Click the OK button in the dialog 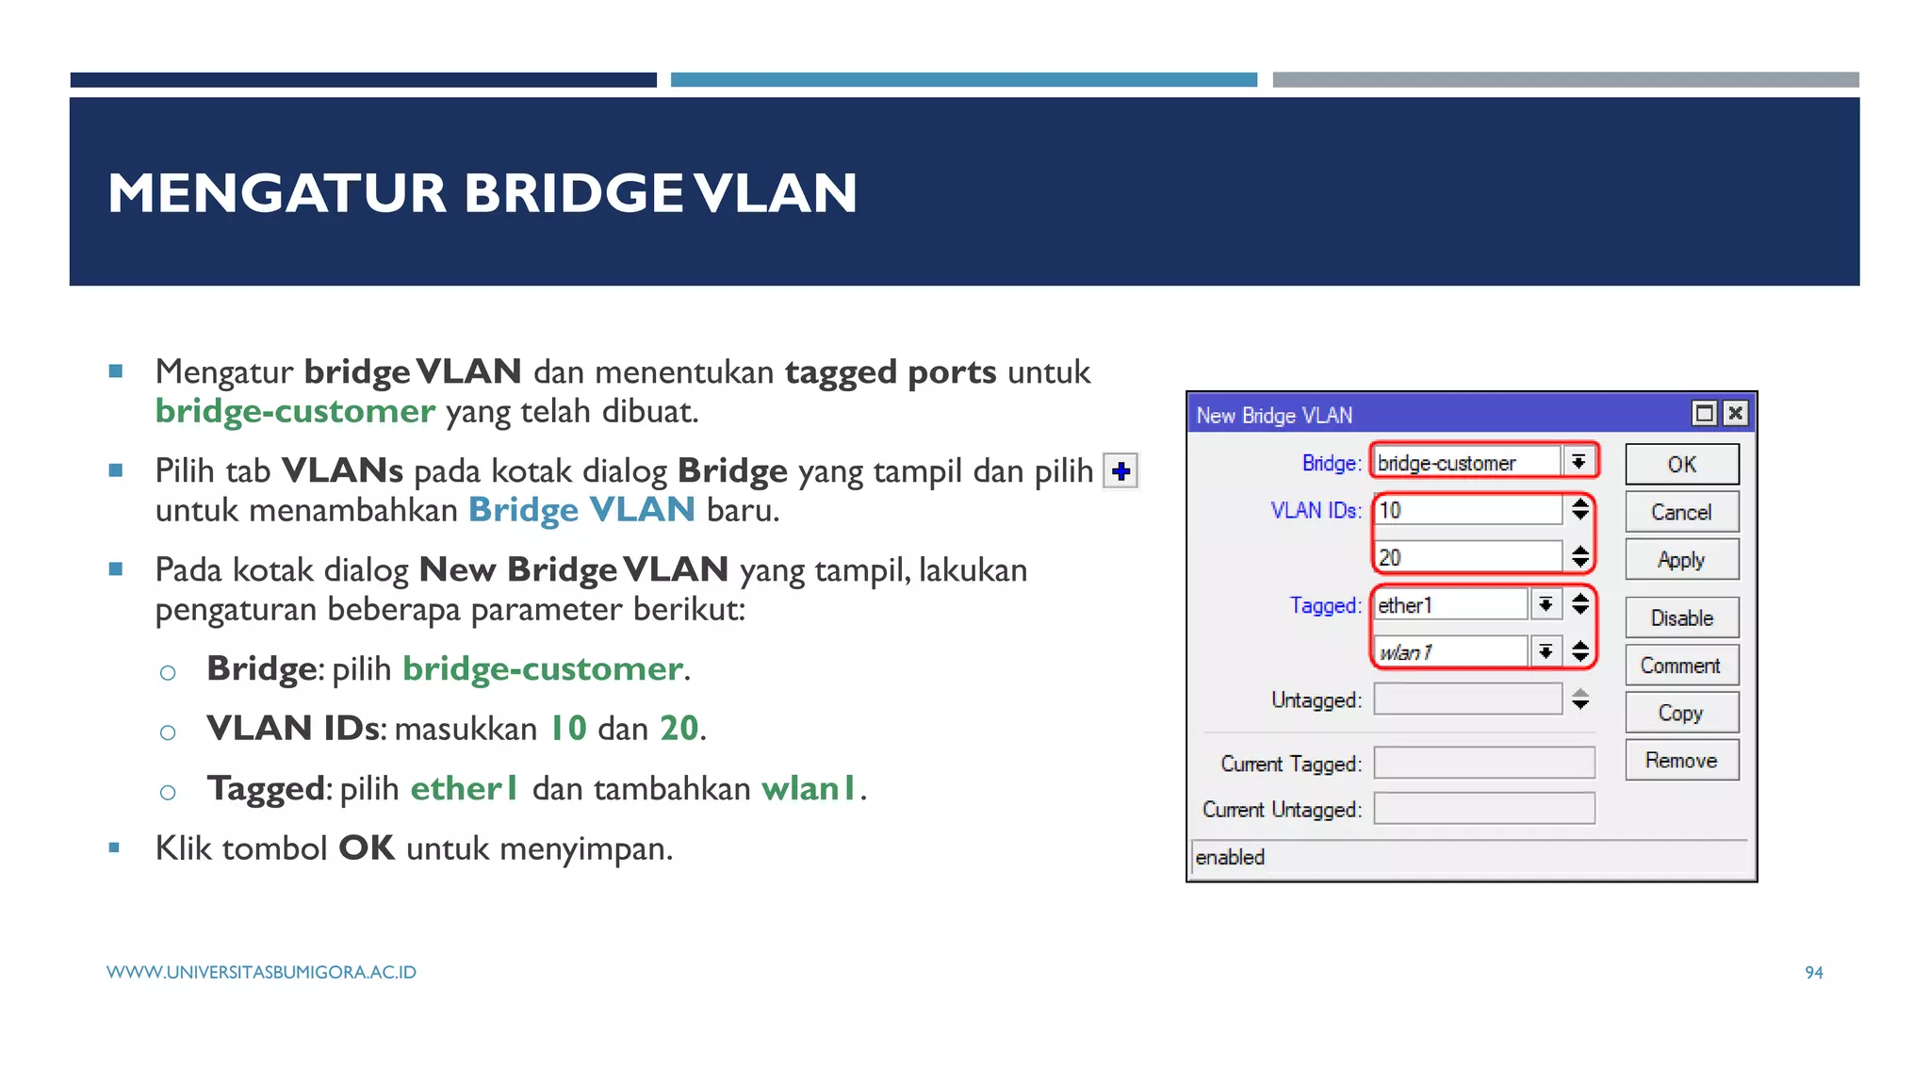[x=1681, y=464]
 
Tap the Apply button [x=1681, y=560]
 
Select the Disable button [x=1681, y=618]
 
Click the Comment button [x=1681, y=666]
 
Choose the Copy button [x=1681, y=713]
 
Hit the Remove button [x=1681, y=761]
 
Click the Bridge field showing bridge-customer [x=1466, y=463]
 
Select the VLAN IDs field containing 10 [x=1466, y=510]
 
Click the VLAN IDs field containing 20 [x=1466, y=557]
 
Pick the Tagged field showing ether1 [x=1449, y=605]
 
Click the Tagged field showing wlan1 [x=1449, y=651]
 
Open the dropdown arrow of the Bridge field [x=1578, y=462]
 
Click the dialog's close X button [x=1735, y=413]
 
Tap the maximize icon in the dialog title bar [x=1704, y=413]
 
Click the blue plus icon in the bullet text [x=1120, y=470]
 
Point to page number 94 [x=1814, y=972]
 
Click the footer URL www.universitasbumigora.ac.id [x=261, y=972]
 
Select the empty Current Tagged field [x=1483, y=763]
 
